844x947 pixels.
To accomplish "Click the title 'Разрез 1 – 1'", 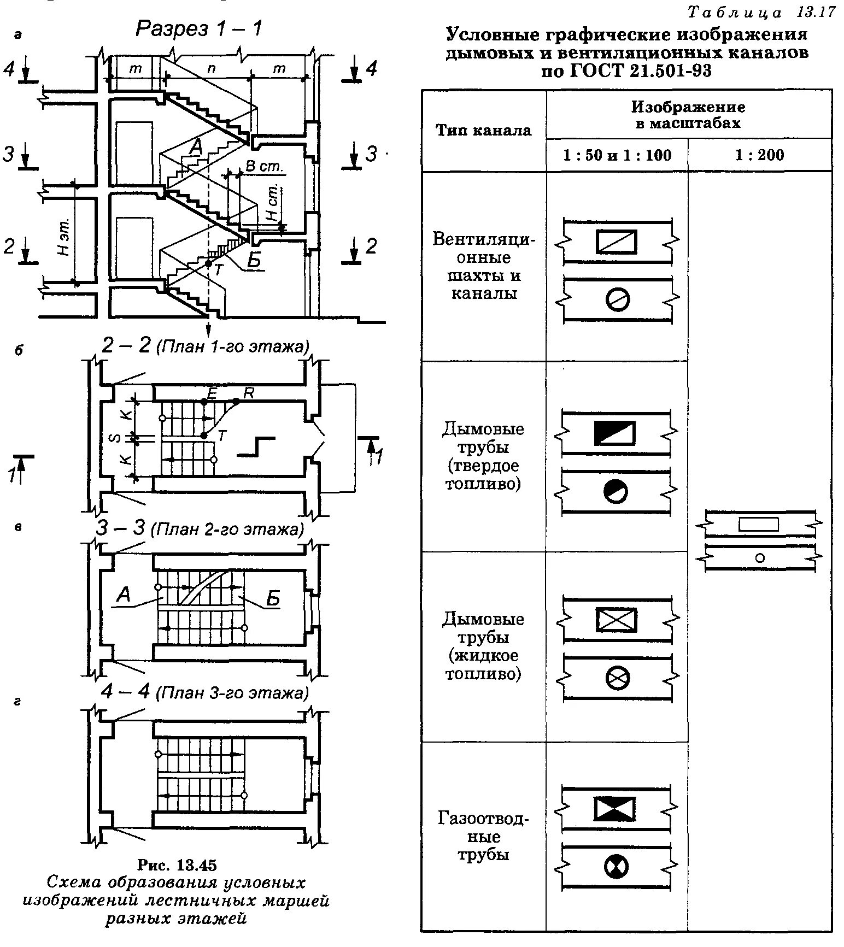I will point(198,28).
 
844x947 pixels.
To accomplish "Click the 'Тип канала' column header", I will point(483,130).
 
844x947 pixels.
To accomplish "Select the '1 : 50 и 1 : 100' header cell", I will point(617,155).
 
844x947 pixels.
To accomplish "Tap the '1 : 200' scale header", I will point(759,155).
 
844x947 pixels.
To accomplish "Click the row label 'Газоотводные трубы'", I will point(483,837).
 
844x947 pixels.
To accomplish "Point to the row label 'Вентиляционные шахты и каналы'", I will point(483,266).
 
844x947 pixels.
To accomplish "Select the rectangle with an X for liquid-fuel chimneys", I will point(616,620).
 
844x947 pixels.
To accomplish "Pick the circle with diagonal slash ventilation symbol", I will point(618,299).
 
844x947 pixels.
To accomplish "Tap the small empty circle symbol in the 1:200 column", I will point(759,558).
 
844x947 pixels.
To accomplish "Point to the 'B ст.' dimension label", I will point(264,167).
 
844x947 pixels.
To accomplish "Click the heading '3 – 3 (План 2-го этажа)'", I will point(199,529).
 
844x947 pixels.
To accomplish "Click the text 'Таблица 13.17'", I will point(761,12).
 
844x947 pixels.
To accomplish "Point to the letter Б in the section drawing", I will point(254,261).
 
